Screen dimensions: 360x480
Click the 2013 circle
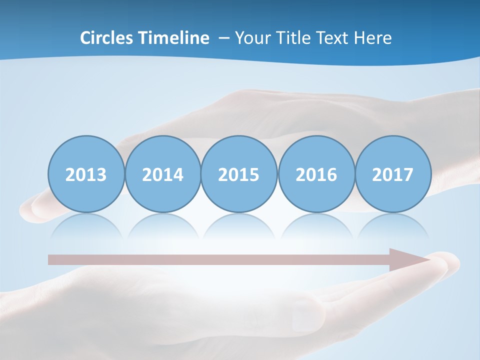point(86,174)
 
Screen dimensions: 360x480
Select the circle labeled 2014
point(162,174)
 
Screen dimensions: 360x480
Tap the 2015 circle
point(239,174)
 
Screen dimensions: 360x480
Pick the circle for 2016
point(316,174)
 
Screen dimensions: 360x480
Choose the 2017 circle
point(393,174)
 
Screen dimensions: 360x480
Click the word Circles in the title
point(107,38)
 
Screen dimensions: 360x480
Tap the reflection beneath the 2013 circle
point(86,225)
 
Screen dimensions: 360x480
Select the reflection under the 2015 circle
point(239,225)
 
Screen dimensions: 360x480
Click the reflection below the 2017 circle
point(393,225)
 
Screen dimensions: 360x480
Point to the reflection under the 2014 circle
point(162,225)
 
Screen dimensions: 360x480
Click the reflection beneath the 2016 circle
point(316,225)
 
